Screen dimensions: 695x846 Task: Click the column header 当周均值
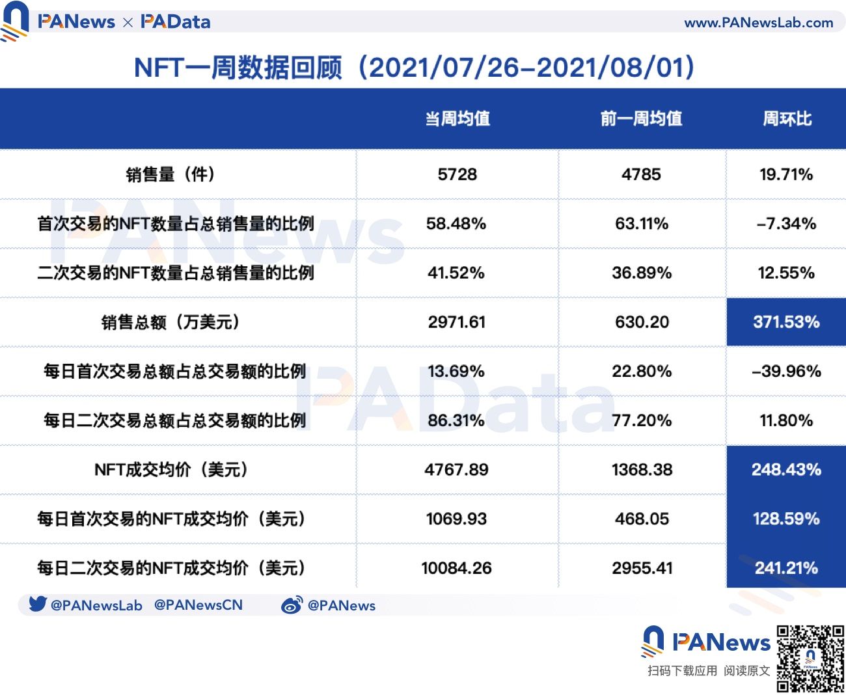[x=457, y=118]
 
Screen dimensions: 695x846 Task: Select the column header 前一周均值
[x=641, y=118]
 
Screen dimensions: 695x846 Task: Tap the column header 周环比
[x=787, y=118]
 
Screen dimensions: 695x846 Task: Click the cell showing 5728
[x=457, y=174]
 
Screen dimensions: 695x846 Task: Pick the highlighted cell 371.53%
[x=786, y=321]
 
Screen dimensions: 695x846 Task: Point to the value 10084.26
[x=456, y=568]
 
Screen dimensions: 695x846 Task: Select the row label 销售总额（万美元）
[x=171, y=322]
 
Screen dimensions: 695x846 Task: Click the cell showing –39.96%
[x=786, y=371]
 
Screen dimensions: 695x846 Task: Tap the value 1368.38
[x=642, y=469]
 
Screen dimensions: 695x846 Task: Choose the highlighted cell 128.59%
[x=786, y=519]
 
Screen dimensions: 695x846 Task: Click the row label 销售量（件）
[x=171, y=174]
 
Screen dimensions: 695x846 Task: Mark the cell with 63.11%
[x=642, y=224]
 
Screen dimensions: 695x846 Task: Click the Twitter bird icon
[x=38, y=604]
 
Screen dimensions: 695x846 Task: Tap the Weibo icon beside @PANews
[x=292, y=605]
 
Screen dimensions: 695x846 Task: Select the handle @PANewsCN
[x=198, y=605]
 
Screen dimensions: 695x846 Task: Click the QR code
[x=810, y=659]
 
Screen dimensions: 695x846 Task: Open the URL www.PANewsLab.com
[x=758, y=23]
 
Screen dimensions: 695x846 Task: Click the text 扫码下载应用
[x=682, y=671]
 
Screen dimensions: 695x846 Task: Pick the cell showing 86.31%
[x=456, y=420]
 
